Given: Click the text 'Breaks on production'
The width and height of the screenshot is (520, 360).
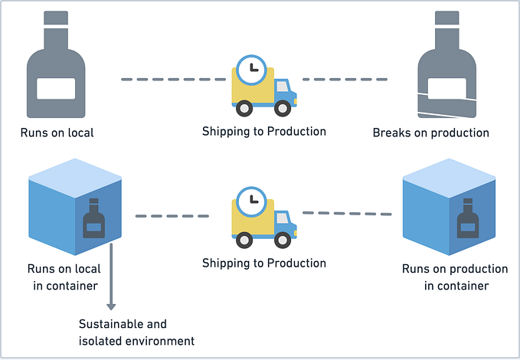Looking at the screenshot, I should [430, 133].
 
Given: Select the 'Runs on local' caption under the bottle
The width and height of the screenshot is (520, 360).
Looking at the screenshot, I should [57, 133].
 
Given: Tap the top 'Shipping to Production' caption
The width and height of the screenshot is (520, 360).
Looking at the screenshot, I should [264, 131].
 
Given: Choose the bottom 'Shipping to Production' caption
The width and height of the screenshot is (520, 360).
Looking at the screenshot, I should [264, 263].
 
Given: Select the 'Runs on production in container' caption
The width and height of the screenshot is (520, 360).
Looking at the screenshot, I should [455, 277].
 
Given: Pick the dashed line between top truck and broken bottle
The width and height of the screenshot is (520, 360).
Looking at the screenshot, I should [345, 79].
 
